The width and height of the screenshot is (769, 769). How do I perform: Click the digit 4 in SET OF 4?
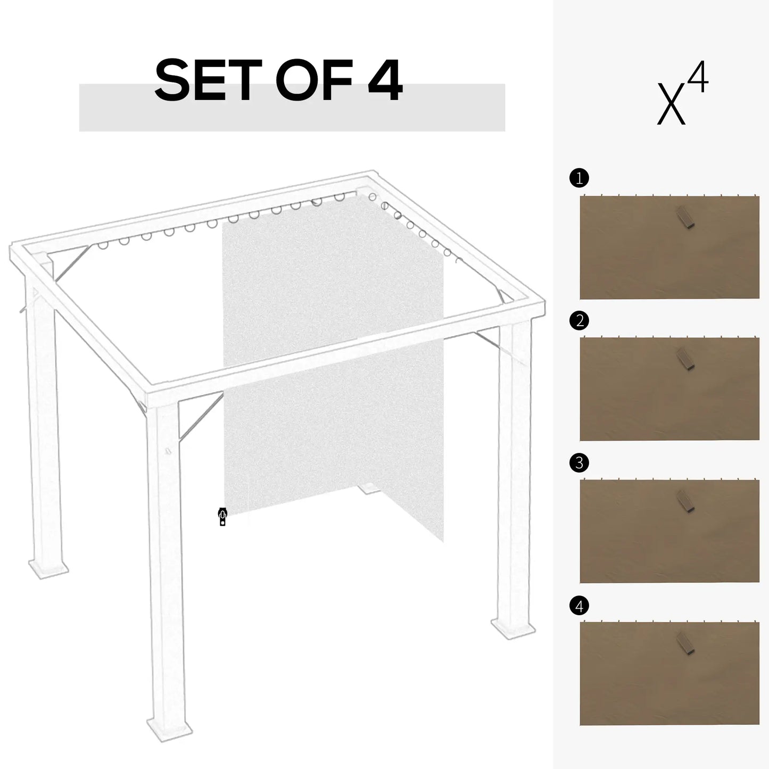tap(384, 81)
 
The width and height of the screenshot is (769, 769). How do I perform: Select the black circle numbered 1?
tap(579, 178)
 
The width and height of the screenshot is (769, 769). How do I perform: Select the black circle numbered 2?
tap(579, 320)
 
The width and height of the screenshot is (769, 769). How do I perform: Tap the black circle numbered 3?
tap(579, 463)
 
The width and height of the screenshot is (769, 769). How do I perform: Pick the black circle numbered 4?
tap(579, 606)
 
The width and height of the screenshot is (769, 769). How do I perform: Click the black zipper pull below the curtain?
tap(222, 517)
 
